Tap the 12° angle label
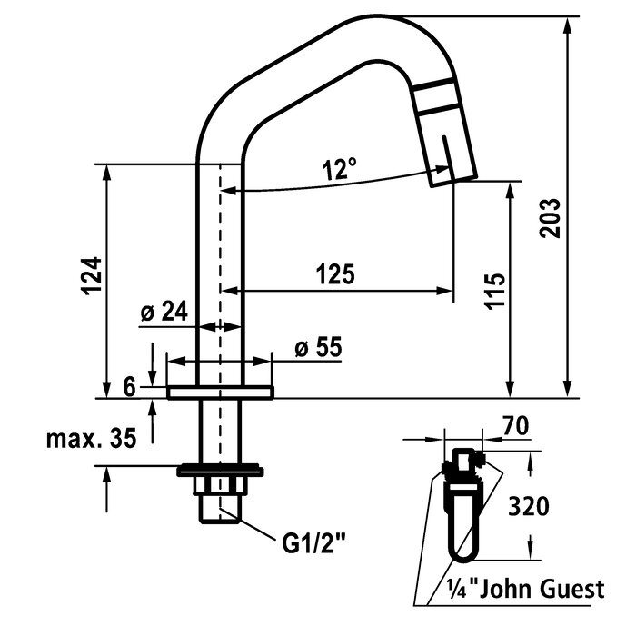[x=338, y=168]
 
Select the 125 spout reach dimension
[x=334, y=273]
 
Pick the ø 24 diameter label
[x=164, y=312]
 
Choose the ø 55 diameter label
[x=317, y=348]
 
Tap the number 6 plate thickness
[x=130, y=388]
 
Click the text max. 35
[x=92, y=439]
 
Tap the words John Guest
[x=544, y=589]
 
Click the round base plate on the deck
[x=221, y=393]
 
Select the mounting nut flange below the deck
[x=220, y=471]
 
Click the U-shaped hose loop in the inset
[x=462, y=527]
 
